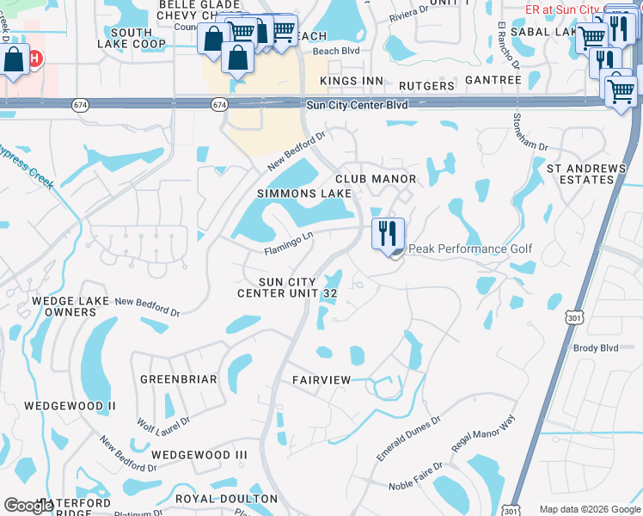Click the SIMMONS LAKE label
click(303, 193)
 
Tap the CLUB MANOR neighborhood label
click(376, 179)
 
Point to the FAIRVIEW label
click(321, 379)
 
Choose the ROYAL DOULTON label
click(226, 499)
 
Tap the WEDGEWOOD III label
click(199, 454)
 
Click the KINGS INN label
click(351, 81)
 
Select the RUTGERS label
click(427, 86)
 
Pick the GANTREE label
click(493, 80)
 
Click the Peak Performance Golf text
click(470, 249)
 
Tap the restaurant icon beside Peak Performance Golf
click(388, 232)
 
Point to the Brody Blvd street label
click(596, 347)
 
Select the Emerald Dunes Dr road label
click(409, 439)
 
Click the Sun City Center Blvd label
click(357, 105)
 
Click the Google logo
click(29, 506)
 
